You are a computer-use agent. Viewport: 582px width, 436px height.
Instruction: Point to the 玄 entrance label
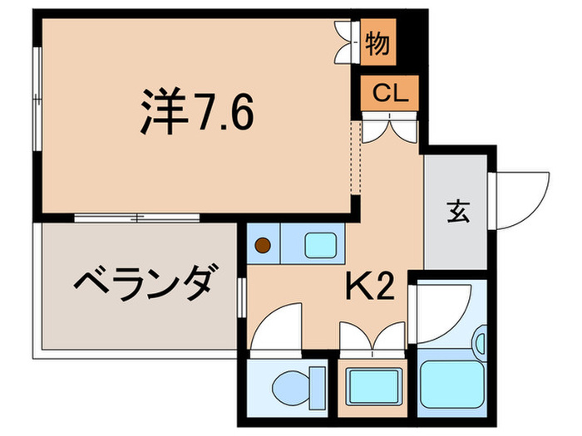click(x=459, y=212)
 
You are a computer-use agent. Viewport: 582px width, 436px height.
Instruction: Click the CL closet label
click(x=389, y=93)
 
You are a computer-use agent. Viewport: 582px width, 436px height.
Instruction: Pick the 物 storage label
click(x=378, y=42)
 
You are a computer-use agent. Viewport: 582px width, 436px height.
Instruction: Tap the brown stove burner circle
click(x=262, y=245)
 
